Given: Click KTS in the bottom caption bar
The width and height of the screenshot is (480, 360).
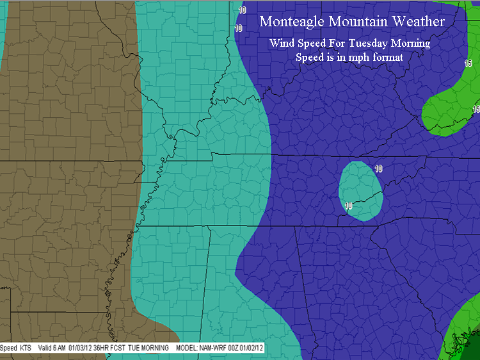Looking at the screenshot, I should [25, 348].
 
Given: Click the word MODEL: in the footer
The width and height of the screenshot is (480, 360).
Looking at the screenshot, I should [189, 348].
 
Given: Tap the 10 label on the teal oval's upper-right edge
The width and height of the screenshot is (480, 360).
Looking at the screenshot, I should [378, 169].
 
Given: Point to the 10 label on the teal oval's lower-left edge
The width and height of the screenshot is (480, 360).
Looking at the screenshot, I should [348, 206].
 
